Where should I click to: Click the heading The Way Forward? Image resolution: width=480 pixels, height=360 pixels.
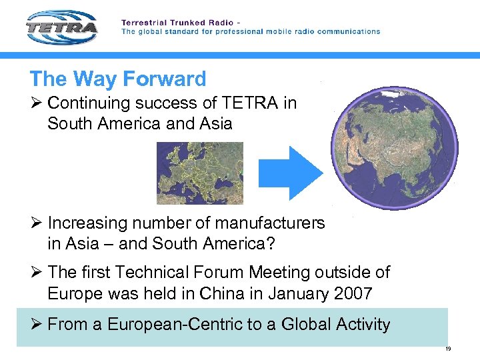(x=118, y=79)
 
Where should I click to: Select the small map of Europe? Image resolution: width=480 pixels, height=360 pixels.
(x=200, y=173)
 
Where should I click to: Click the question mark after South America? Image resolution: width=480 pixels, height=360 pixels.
(x=270, y=243)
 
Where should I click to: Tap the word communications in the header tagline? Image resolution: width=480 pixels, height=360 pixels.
(x=346, y=31)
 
